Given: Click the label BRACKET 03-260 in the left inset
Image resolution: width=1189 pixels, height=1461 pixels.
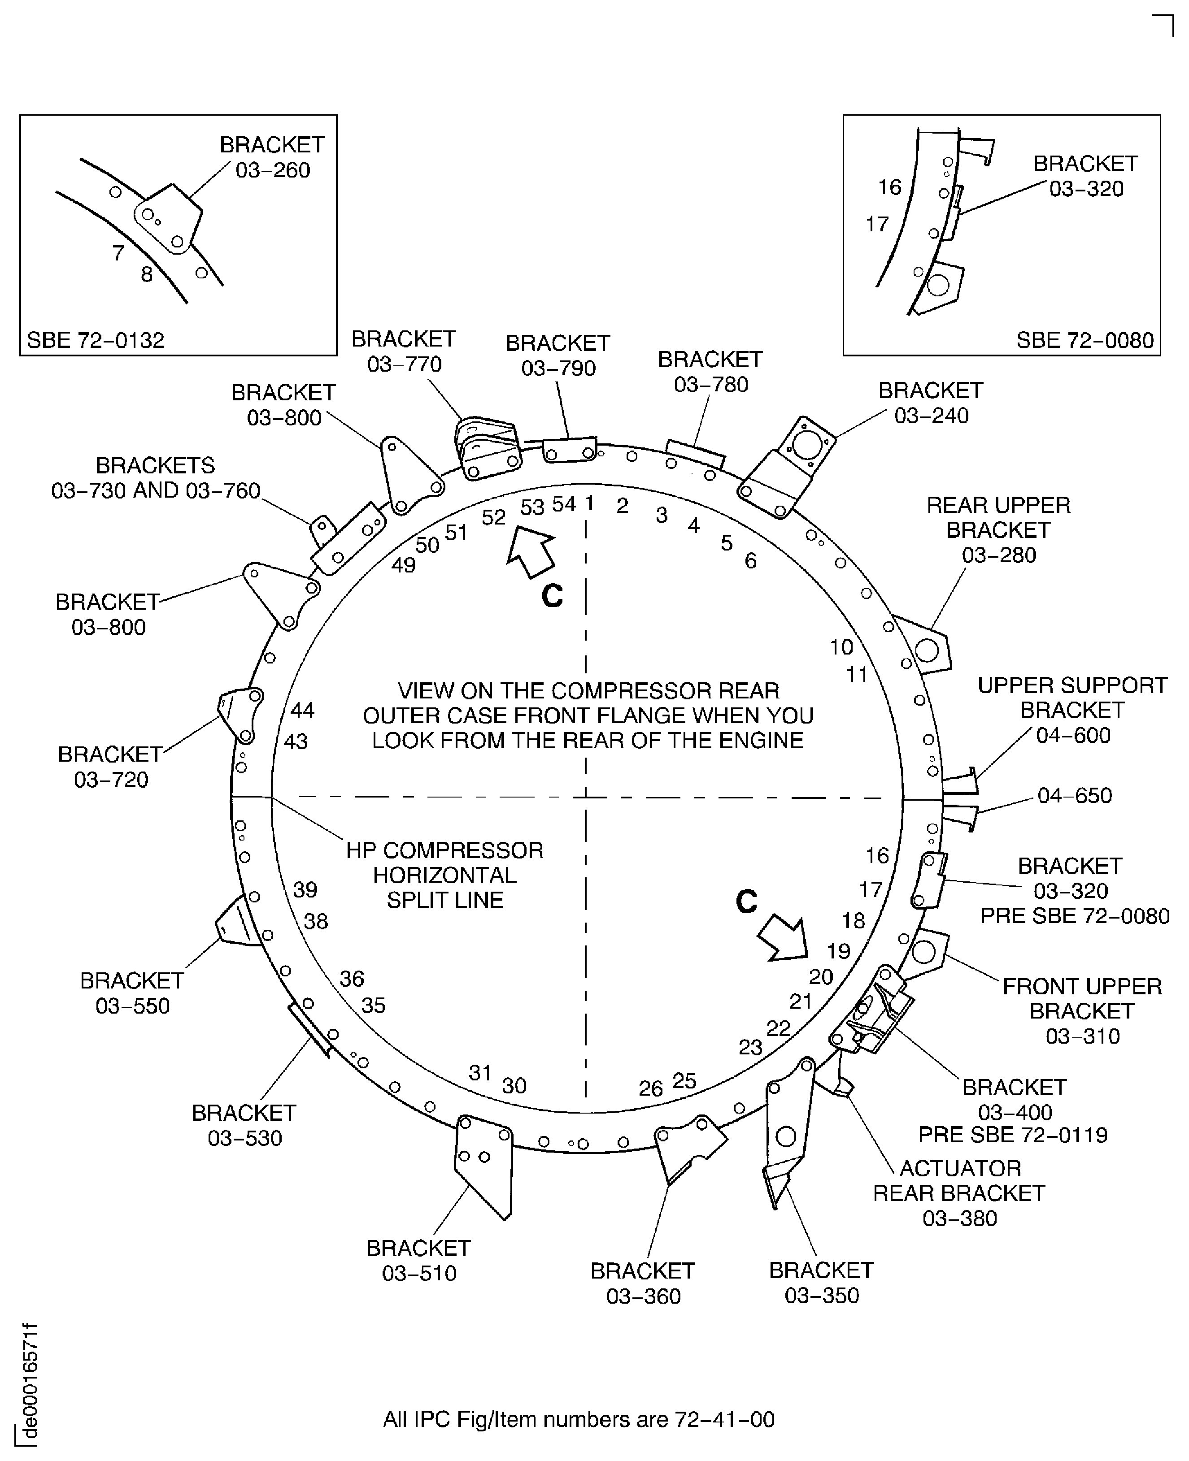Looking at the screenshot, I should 272,157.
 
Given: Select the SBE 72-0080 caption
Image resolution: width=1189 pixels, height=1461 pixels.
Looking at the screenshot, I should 1084,340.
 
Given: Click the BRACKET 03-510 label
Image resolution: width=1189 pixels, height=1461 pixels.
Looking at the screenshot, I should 418,1261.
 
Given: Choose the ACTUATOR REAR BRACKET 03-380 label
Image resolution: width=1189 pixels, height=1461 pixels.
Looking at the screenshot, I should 959,1193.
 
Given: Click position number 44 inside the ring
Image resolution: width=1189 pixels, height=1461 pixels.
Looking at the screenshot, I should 302,710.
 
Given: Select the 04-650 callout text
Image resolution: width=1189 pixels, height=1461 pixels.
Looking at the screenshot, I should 1074,796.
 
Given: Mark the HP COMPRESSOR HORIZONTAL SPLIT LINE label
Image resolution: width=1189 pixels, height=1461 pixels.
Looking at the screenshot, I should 444,875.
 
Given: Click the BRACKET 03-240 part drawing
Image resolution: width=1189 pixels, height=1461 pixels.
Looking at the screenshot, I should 788,469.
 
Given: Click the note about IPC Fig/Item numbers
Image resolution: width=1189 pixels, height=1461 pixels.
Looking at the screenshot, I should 579,1419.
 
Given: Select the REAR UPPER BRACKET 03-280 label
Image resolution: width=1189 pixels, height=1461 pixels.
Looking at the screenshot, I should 998,530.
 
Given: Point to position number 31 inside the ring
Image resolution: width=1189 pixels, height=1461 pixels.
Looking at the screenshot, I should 480,1072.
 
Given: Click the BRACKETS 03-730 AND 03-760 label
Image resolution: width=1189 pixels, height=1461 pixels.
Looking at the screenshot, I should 156,478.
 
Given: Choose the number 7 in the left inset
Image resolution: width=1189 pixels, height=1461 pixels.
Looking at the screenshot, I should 118,253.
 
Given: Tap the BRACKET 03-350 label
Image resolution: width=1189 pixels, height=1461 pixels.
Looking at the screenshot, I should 821,1282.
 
